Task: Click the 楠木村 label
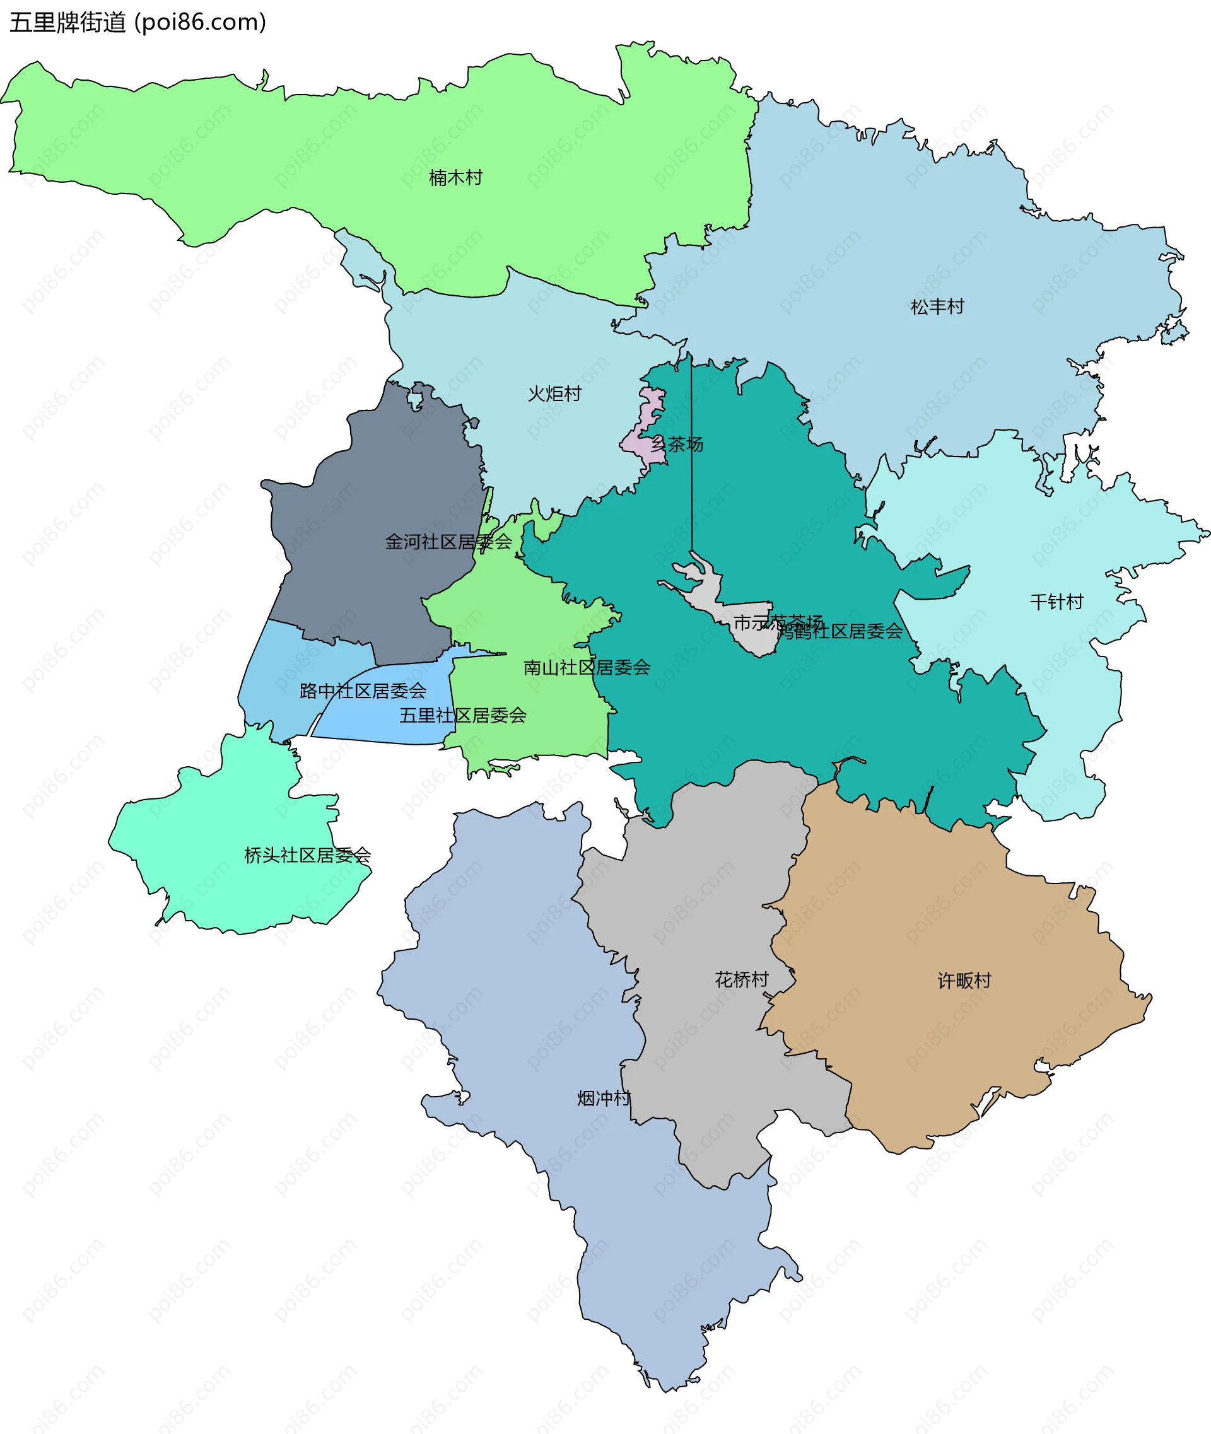(455, 178)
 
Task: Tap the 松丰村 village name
(937, 307)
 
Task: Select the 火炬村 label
(554, 394)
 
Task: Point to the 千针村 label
(1056, 602)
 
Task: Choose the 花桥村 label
(742, 979)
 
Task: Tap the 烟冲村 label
(604, 1099)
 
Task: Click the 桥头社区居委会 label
(307, 855)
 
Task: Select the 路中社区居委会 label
(363, 691)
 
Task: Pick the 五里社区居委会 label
(463, 715)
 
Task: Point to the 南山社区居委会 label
(587, 667)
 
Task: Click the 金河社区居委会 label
(448, 542)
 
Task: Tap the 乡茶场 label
(677, 444)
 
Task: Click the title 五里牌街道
(68, 23)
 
